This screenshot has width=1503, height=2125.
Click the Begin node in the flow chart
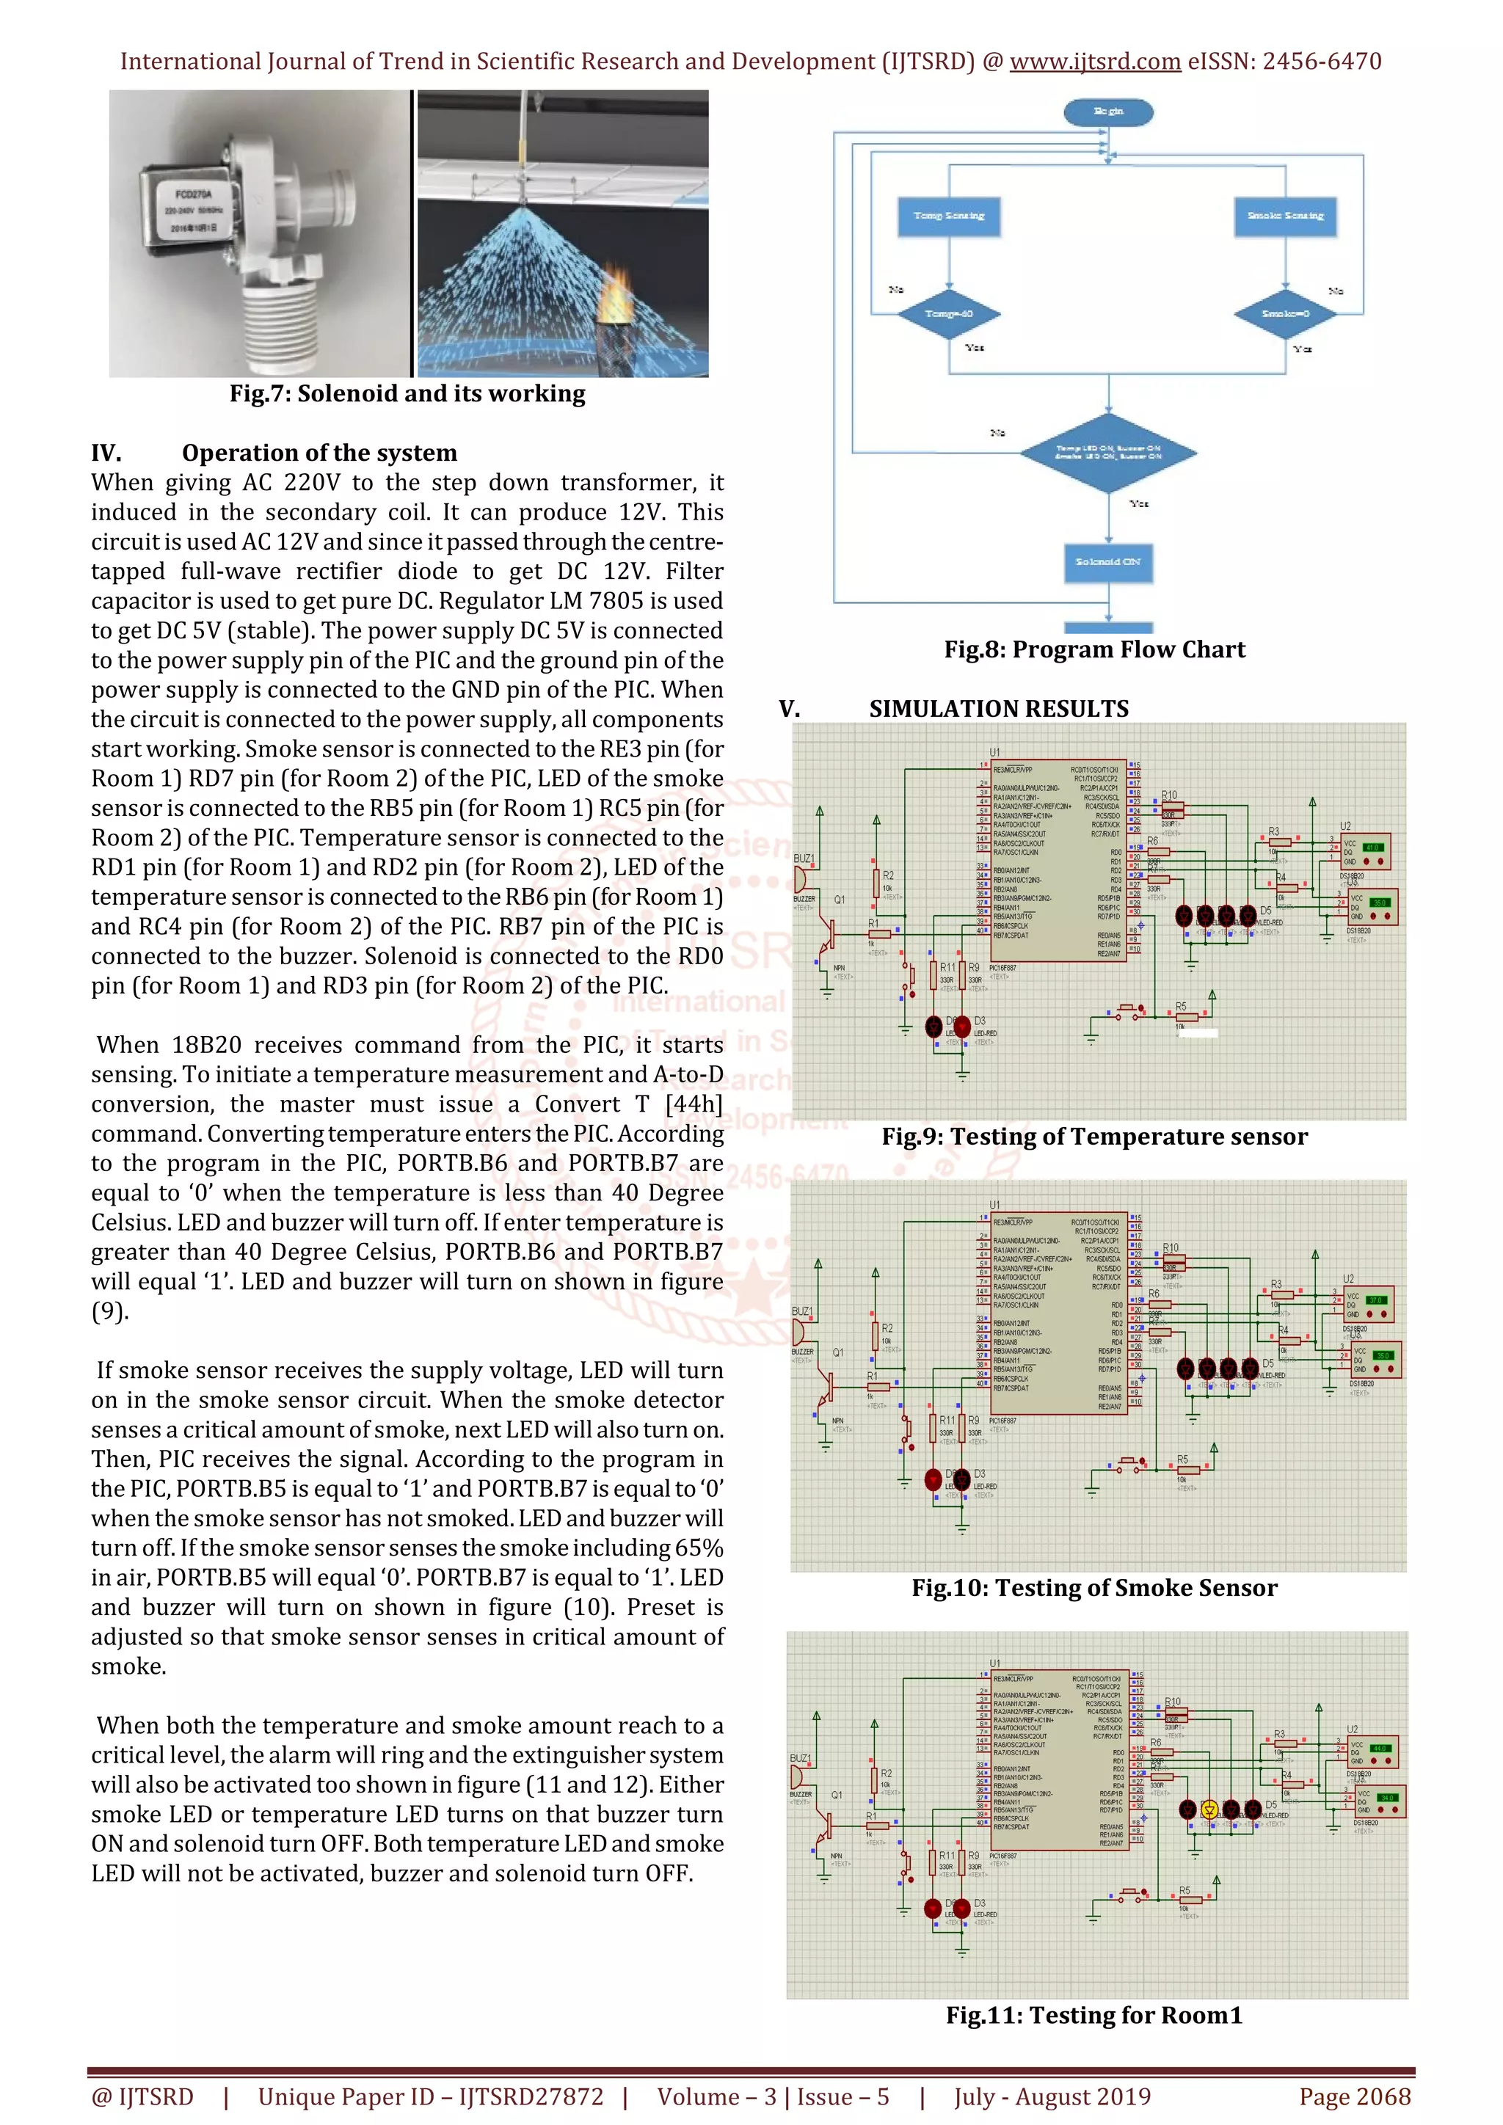(x=1108, y=112)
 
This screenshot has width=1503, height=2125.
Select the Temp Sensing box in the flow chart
(x=949, y=216)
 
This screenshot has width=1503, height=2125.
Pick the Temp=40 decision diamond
(x=949, y=314)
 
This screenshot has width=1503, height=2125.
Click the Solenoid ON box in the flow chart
(x=1108, y=562)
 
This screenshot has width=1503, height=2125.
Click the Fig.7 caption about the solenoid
(x=407, y=394)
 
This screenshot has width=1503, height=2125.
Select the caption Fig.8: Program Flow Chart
(x=1094, y=649)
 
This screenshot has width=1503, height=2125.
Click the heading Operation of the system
(x=319, y=453)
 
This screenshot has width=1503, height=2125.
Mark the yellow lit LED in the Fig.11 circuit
(x=1209, y=1809)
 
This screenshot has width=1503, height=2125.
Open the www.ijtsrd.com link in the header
(x=1094, y=62)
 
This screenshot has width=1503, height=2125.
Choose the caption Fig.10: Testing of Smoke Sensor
(x=1094, y=1588)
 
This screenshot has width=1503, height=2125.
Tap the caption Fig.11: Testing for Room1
(x=1094, y=2016)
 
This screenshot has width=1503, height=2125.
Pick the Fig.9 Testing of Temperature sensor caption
(x=1094, y=1137)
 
